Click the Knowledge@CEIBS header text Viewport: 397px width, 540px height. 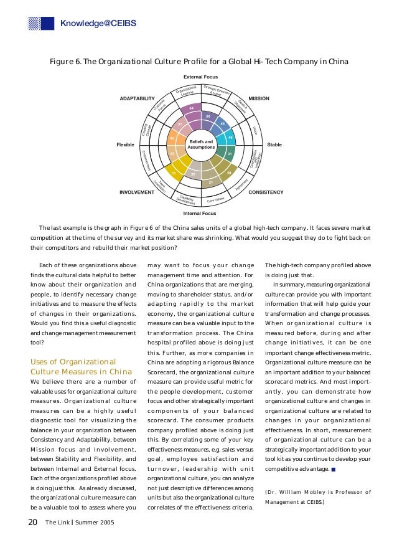(x=98, y=24)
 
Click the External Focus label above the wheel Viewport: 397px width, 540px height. (x=200, y=76)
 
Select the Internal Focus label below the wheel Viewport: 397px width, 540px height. (x=200, y=214)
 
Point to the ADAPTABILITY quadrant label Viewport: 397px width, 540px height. (x=137, y=98)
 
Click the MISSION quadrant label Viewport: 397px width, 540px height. (x=259, y=98)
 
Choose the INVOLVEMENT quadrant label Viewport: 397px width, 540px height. (x=136, y=192)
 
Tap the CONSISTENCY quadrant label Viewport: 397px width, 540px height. (x=266, y=192)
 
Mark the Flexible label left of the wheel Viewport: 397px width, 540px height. (x=125, y=144)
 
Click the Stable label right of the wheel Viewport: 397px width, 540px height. (x=274, y=144)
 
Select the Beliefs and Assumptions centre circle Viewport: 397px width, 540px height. (x=201, y=144)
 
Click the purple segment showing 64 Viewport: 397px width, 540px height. (x=192, y=108)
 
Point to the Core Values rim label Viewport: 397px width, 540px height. (x=216, y=200)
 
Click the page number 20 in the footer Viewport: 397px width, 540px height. (x=33, y=521)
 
